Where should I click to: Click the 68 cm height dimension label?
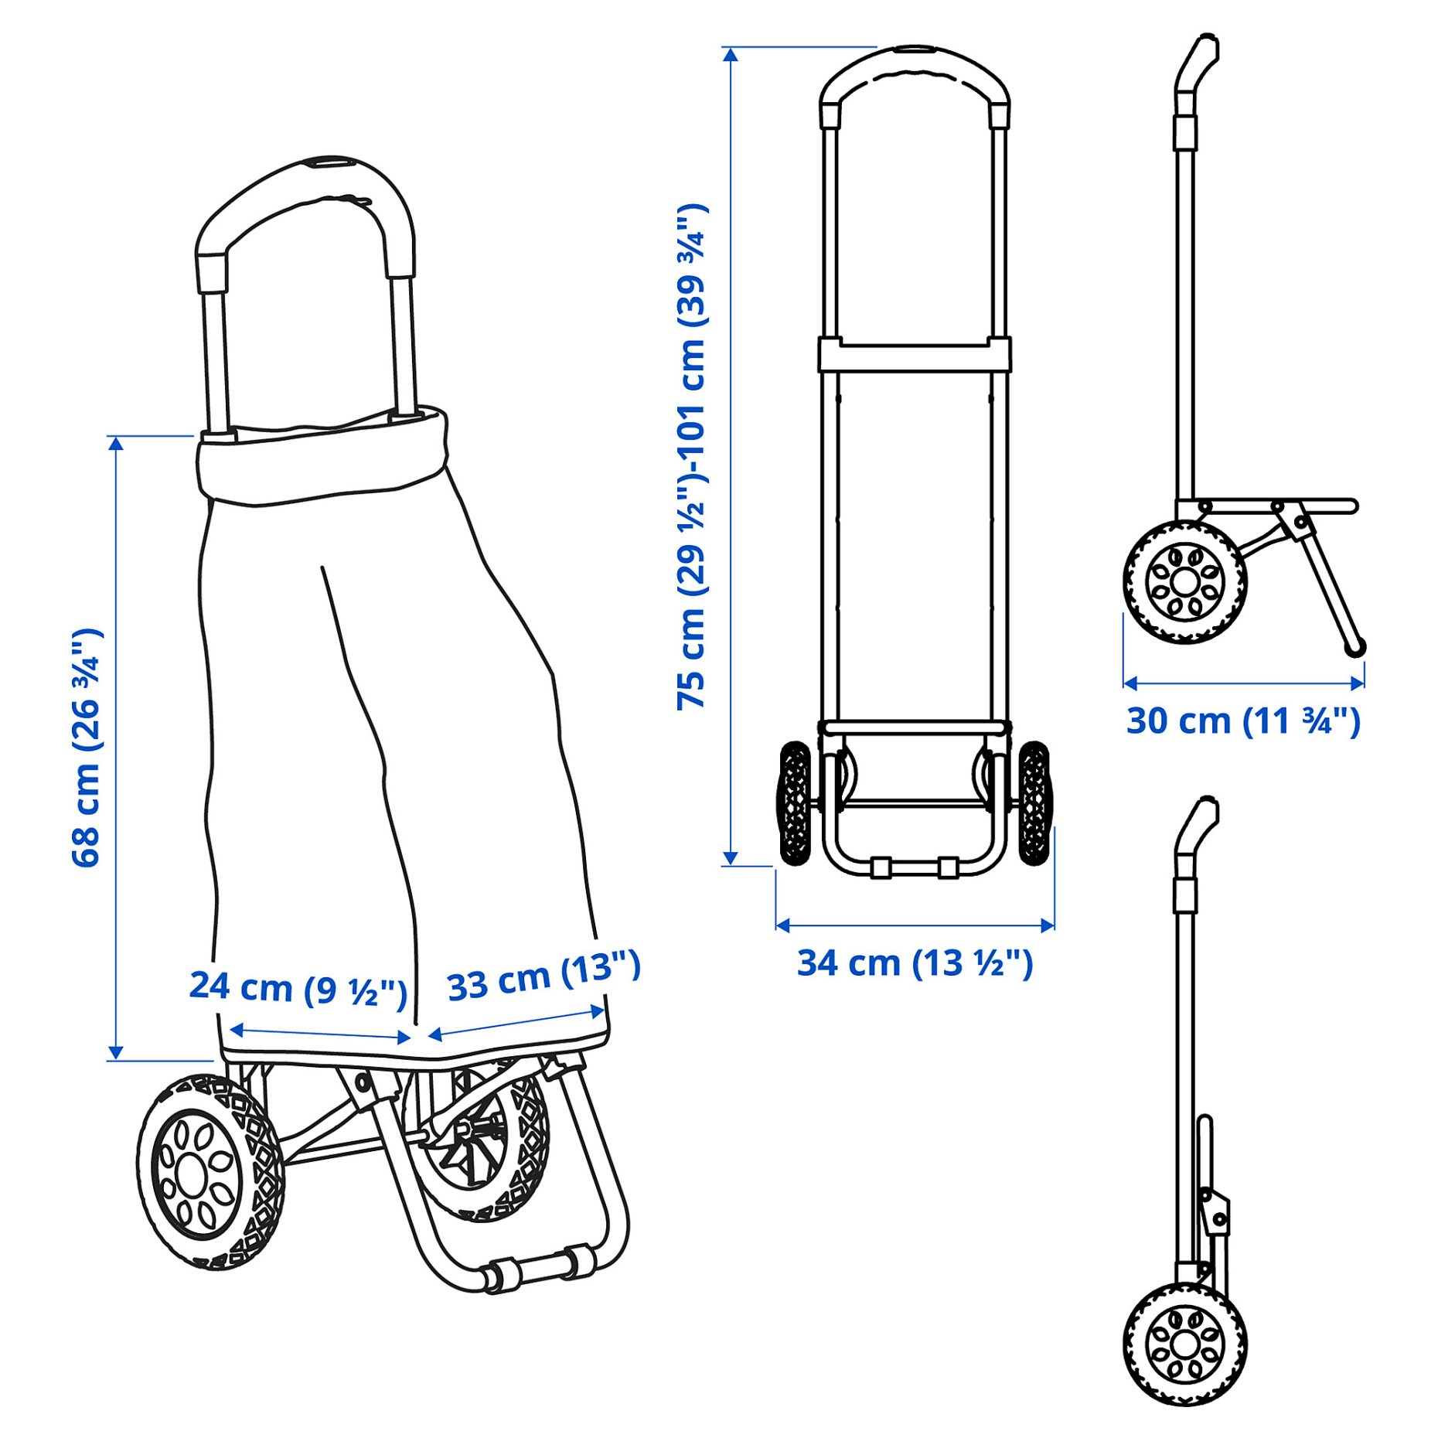(87, 748)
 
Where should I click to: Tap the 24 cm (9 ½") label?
(298, 989)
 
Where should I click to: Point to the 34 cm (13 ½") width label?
(915, 963)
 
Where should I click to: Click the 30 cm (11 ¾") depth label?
(1242, 721)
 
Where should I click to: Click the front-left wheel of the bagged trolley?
(210, 1171)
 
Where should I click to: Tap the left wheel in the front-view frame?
(795, 802)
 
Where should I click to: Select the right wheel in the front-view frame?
(1034, 802)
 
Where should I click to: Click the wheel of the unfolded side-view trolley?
(1184, 581)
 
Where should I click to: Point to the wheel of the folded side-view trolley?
(1184, 1345)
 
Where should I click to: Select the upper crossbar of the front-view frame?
(915, 355)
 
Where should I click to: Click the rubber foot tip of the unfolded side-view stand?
(1355, 647)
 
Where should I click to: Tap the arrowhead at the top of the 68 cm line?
(116, 443)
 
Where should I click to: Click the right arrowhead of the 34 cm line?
(1048, 925)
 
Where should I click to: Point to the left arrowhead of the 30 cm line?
(1130, 683)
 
